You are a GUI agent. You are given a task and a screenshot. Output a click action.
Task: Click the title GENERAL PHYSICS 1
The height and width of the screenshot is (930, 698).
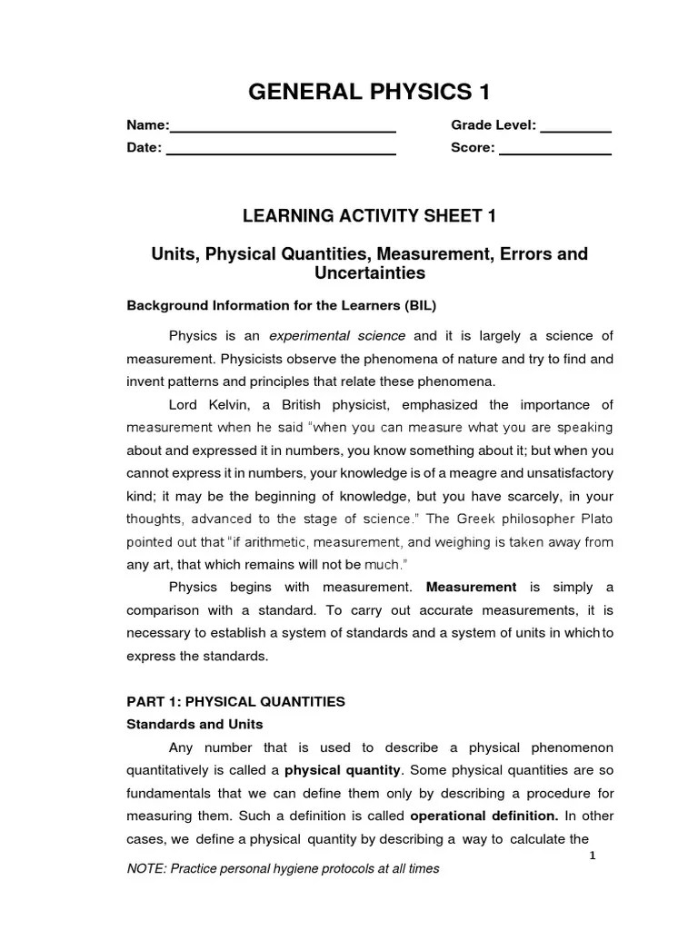pyautogui.click(x=369, y=91)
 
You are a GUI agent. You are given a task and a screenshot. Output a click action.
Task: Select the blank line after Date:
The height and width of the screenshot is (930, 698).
pyautogui.click(x=281, y=153)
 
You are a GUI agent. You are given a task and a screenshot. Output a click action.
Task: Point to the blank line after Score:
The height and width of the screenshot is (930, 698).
pyautogui.click(x=555, y=153)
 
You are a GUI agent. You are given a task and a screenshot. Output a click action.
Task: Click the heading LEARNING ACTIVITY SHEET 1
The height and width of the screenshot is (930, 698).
pyautogui.click(x=369, y=215)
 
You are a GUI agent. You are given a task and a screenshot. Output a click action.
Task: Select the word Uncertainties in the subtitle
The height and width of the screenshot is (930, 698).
pyautogui.click(x=369, y=272)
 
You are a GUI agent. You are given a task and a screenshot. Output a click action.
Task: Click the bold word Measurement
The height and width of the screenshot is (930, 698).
pyautogui.click(x=471, y=587)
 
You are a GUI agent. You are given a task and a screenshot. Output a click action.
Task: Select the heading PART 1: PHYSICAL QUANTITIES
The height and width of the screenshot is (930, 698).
pyautogui.click(x=235, y=700)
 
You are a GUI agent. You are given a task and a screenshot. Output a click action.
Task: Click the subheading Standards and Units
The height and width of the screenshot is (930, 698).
pyautogui.click(x=194, y=724)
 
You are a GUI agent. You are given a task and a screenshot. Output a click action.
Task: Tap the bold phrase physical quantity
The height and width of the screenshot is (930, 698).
pyautogui.click(x=343, y=770)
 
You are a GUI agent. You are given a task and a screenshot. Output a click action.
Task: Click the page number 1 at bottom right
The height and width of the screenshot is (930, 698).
pyautogui.click(x=593, y=856)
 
